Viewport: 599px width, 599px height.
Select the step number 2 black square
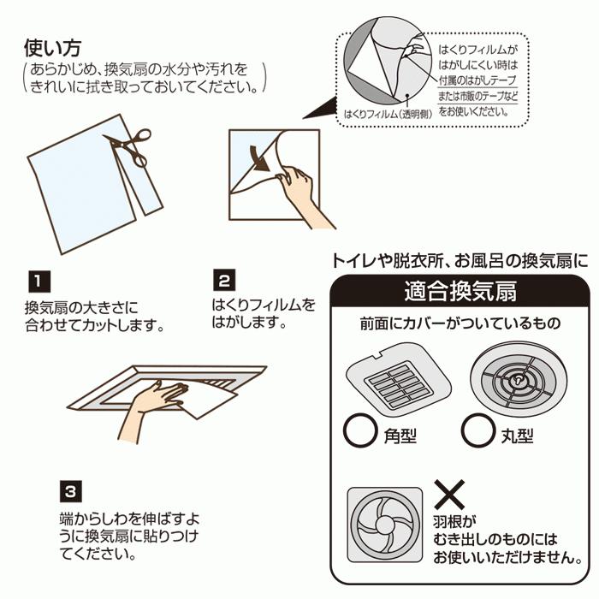223,280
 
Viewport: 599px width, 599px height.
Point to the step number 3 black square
71,490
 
